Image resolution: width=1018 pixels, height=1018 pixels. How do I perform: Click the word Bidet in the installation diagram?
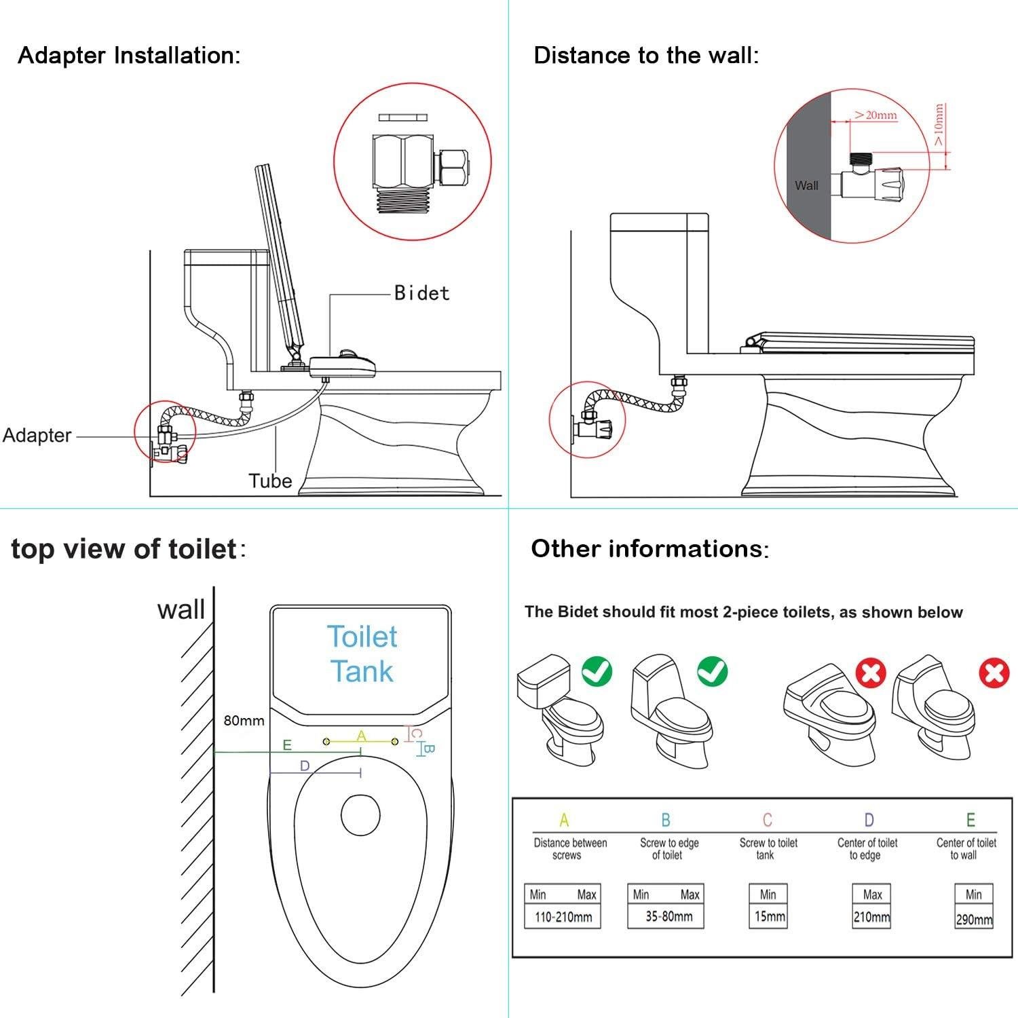pyautogui.click(x=421, y=293)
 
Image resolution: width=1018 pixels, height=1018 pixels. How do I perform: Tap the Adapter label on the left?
pyautogui.click(x=37, y=435)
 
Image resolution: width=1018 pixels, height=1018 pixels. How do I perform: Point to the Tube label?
pyautogui.click(x=270, y=480)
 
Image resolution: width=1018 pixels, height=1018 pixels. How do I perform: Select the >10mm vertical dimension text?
pyautogui.click(x=939, y=125)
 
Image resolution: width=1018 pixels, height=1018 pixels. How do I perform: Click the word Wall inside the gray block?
pyautogui.click(x=806, y=185)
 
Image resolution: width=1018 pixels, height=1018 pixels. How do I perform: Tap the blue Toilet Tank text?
pyautogui.click(x=362, y=654)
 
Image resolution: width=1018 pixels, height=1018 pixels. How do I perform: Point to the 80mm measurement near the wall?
pyautogui.click(x=244, y=721)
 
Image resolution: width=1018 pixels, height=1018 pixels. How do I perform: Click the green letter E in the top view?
pyautogui.click(x=287, y=745)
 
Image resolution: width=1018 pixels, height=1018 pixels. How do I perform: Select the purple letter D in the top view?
pyautogui.click(x=305, y=766)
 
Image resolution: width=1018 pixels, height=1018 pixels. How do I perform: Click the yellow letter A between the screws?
pyautogui.click(x=361, y=736)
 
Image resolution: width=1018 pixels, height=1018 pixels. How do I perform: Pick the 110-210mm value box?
pyautogui.click(x=563, y=917)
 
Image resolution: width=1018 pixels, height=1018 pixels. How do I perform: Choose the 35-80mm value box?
pyautogui.click(x=668, y=916)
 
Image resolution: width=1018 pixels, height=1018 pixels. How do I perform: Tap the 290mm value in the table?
pyautogui.click(x=974, y=920)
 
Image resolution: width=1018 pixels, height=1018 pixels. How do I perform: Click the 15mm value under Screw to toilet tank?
pyautogui.click(x=769, y=917)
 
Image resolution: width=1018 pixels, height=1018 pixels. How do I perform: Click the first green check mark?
pyautogui.click(x=597, y=671)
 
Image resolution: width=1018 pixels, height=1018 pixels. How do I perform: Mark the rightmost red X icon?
pyautogui.click(x=994, y=673)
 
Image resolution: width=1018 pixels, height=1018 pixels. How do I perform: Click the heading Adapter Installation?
pyautogui.click(x=129, y=55)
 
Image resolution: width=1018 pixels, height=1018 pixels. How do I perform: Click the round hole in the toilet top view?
pyautogui.click(x=360, y=815)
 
